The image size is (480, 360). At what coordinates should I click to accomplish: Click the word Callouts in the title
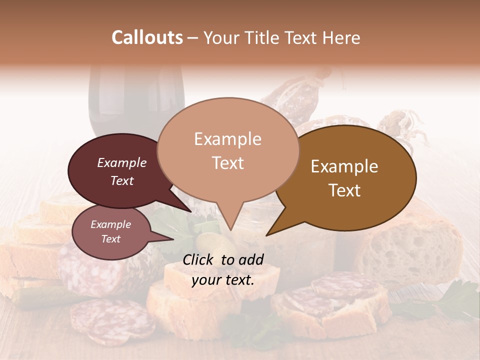pos(147,37)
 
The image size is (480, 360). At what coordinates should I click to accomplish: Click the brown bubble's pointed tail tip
pos(266,235)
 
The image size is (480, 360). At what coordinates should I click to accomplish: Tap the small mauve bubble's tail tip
pos(173,239)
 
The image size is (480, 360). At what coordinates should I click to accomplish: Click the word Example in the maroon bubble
pos(122,162)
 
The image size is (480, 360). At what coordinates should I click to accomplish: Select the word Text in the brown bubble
pos(345,190)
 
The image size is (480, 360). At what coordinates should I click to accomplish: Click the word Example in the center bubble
pos(227,139)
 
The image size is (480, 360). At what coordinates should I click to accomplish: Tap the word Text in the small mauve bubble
pos(111,239)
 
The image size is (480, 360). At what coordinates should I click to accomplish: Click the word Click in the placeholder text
pos(199,259)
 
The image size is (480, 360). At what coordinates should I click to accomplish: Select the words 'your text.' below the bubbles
pos(222,280)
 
